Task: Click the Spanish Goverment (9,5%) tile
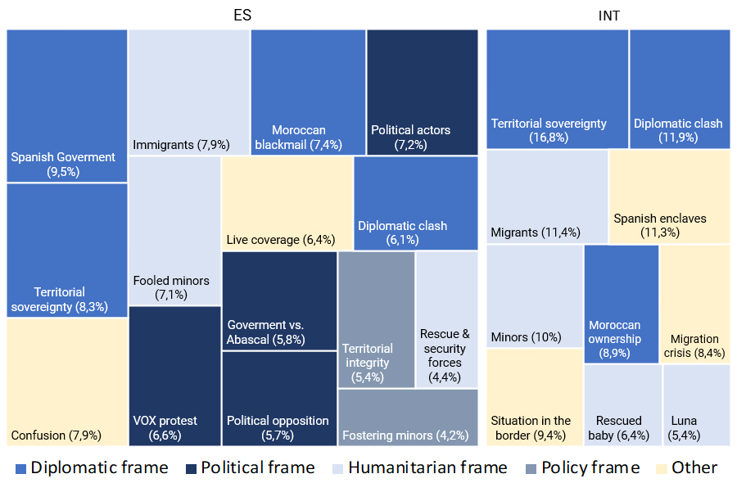(67, 106)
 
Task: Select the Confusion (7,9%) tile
(67, 381)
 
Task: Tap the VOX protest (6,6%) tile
(174, 376)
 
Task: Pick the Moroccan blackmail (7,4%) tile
(308, 92)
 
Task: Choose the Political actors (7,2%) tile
(422, 92)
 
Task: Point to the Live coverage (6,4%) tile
(287, 203)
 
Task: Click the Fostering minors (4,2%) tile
(407, 418)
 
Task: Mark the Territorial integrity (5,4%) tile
(376, 319)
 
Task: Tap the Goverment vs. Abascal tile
(278, 300)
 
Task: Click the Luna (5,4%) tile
(695, 405)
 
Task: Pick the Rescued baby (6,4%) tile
(622, 405)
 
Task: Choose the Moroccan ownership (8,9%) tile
(621, 304)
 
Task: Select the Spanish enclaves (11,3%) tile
(669, 196)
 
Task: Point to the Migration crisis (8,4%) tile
(694, 304)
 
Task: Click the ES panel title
(242, 15)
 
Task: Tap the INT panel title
(608, 15)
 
